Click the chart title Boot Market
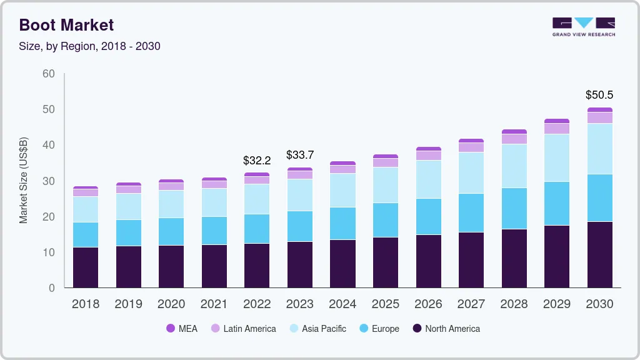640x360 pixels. pos(66,25)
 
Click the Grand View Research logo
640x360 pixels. pos(584,27)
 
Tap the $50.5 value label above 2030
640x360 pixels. pos(599,95)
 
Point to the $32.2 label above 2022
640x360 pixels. pos(257,161)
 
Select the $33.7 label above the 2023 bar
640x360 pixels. pos(299,154)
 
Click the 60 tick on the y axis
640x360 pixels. pos(49,74)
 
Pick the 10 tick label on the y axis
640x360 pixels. pos(49,252)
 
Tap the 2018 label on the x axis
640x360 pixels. pos(86,304)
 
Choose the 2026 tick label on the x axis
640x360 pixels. pos(428,304)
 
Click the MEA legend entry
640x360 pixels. pos(182,328)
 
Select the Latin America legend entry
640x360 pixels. pos(243,328)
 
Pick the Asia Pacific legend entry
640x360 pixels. pos(317,328)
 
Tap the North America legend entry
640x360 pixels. pos(446,328)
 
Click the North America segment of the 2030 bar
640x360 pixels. pos(600,254)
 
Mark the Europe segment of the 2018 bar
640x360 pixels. pos(86,234)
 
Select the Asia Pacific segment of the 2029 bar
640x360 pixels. pos(557,157)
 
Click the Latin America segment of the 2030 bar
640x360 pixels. pos(600,117)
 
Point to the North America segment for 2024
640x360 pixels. pos(342,263)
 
